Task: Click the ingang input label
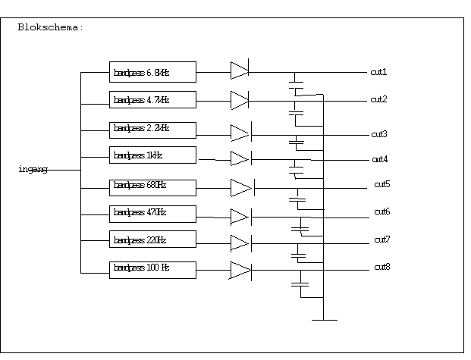click(x=33, y=169)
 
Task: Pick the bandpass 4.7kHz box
click(x=152, y=99)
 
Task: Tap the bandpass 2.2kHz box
click(x=152, y=130)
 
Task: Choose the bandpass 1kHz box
click(x=152, y=155)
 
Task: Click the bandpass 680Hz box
click(x=152, y=186)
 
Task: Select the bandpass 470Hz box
click(x=152, y=213)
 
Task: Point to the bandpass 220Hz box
click(x=152, y=240)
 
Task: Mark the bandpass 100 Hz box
click(x=152, y=269)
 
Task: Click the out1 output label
click(x=378, y=72)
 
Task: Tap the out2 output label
click(x=378, y=99)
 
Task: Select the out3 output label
click(x=379, y=134)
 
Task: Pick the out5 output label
click(x=382, y=184)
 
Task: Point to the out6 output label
click(x=382, y=211)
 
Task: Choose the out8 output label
click(x=382, y=267)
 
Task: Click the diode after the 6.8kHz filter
click(x=240, y=71)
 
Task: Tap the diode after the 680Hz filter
click(x=242, y=187)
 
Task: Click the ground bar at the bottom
click(x=324, y=320)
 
